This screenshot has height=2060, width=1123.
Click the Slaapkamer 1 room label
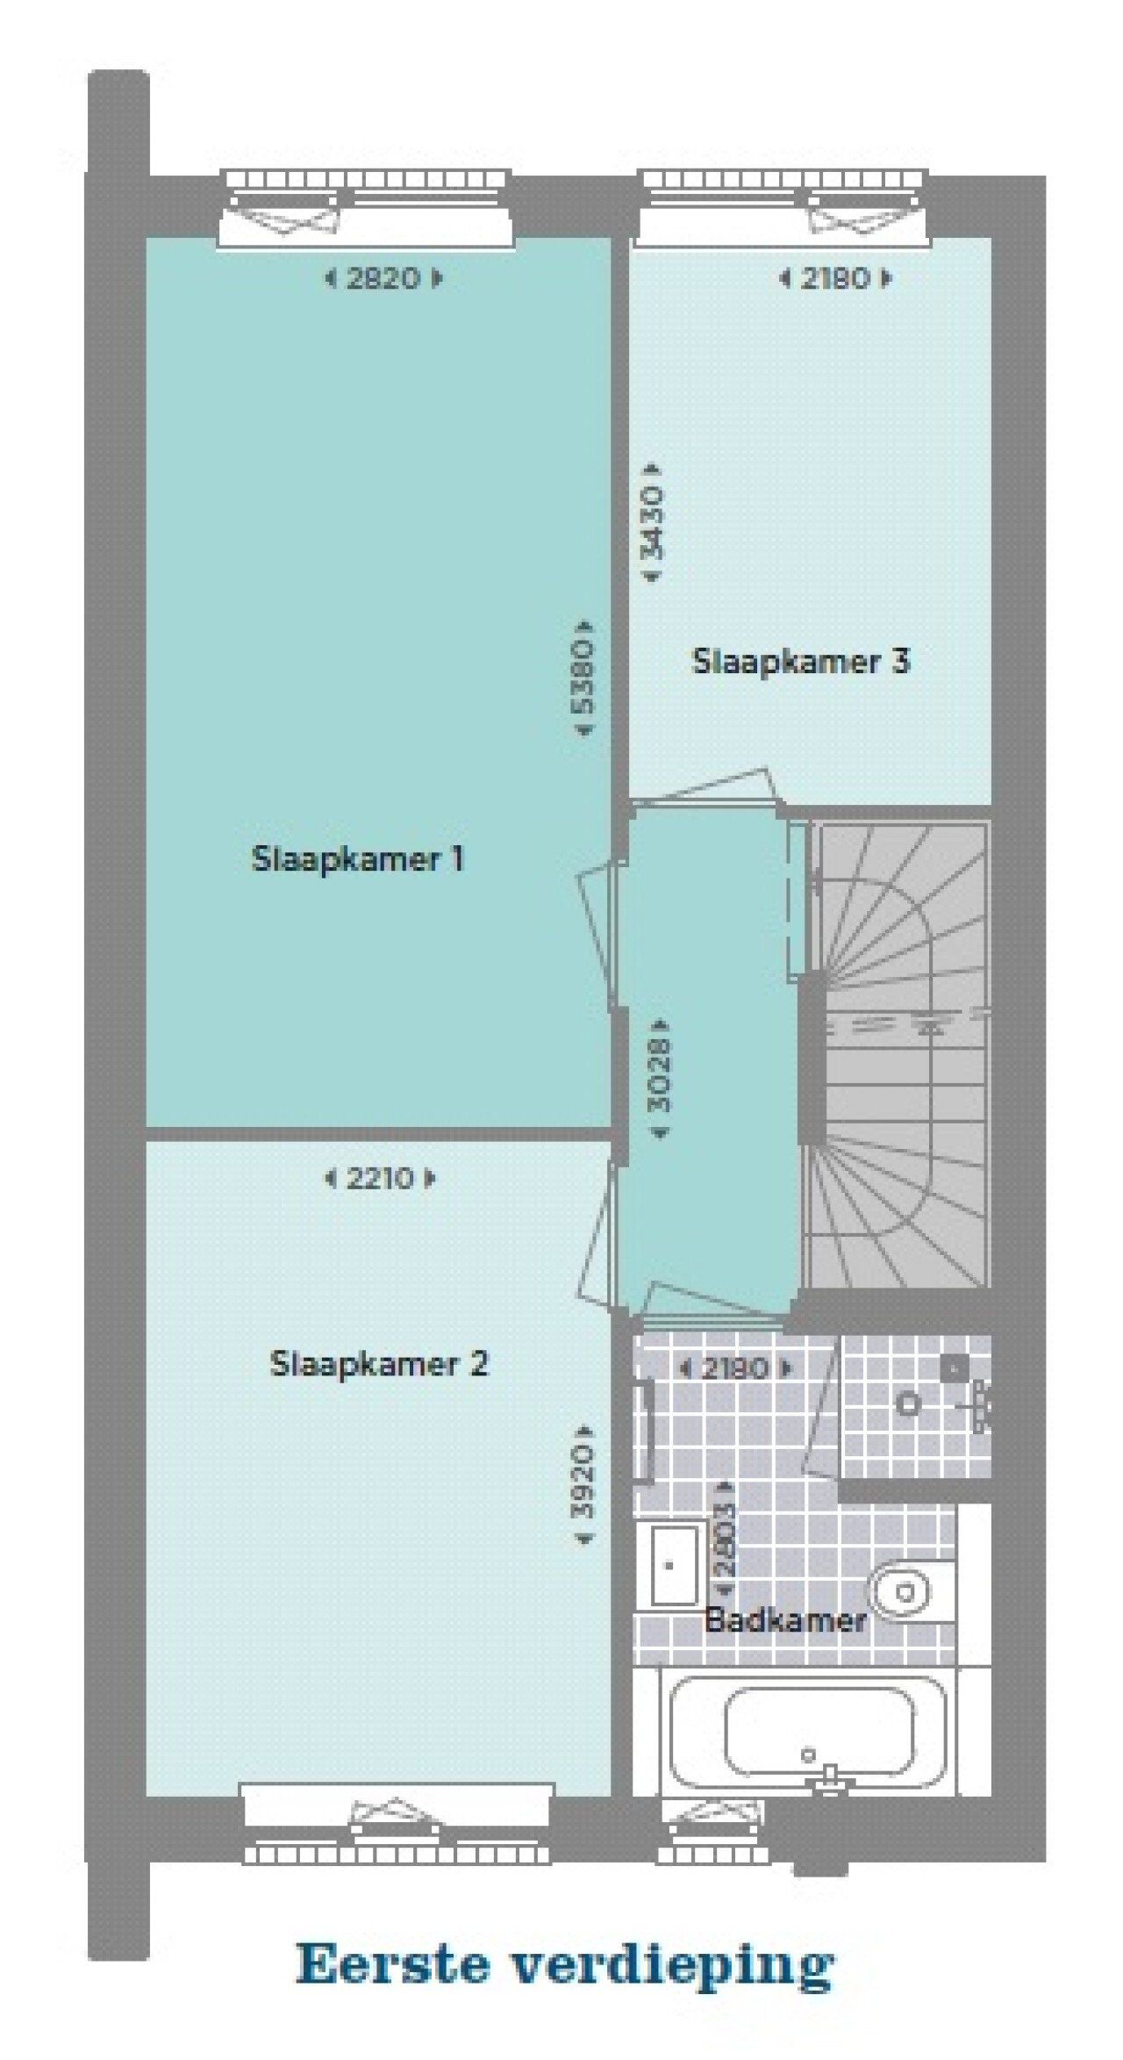tap(357, 858)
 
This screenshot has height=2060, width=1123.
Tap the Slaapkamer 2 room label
tap(378, 1363)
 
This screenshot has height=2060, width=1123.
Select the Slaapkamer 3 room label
tap(800, 661)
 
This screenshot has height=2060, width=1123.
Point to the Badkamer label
tap(785, 1619)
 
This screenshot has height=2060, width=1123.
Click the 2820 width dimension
tap(383, 278)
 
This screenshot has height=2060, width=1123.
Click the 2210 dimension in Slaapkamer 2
tap(380, 1178)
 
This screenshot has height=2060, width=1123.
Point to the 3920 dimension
tap(583, 1482)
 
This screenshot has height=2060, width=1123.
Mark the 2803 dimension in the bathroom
tap(725, 1539)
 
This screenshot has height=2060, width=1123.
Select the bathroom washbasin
tap(674, 1564)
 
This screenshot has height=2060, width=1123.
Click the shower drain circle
tap(907, 1403)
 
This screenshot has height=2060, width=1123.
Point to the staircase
tap(899, 1053)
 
